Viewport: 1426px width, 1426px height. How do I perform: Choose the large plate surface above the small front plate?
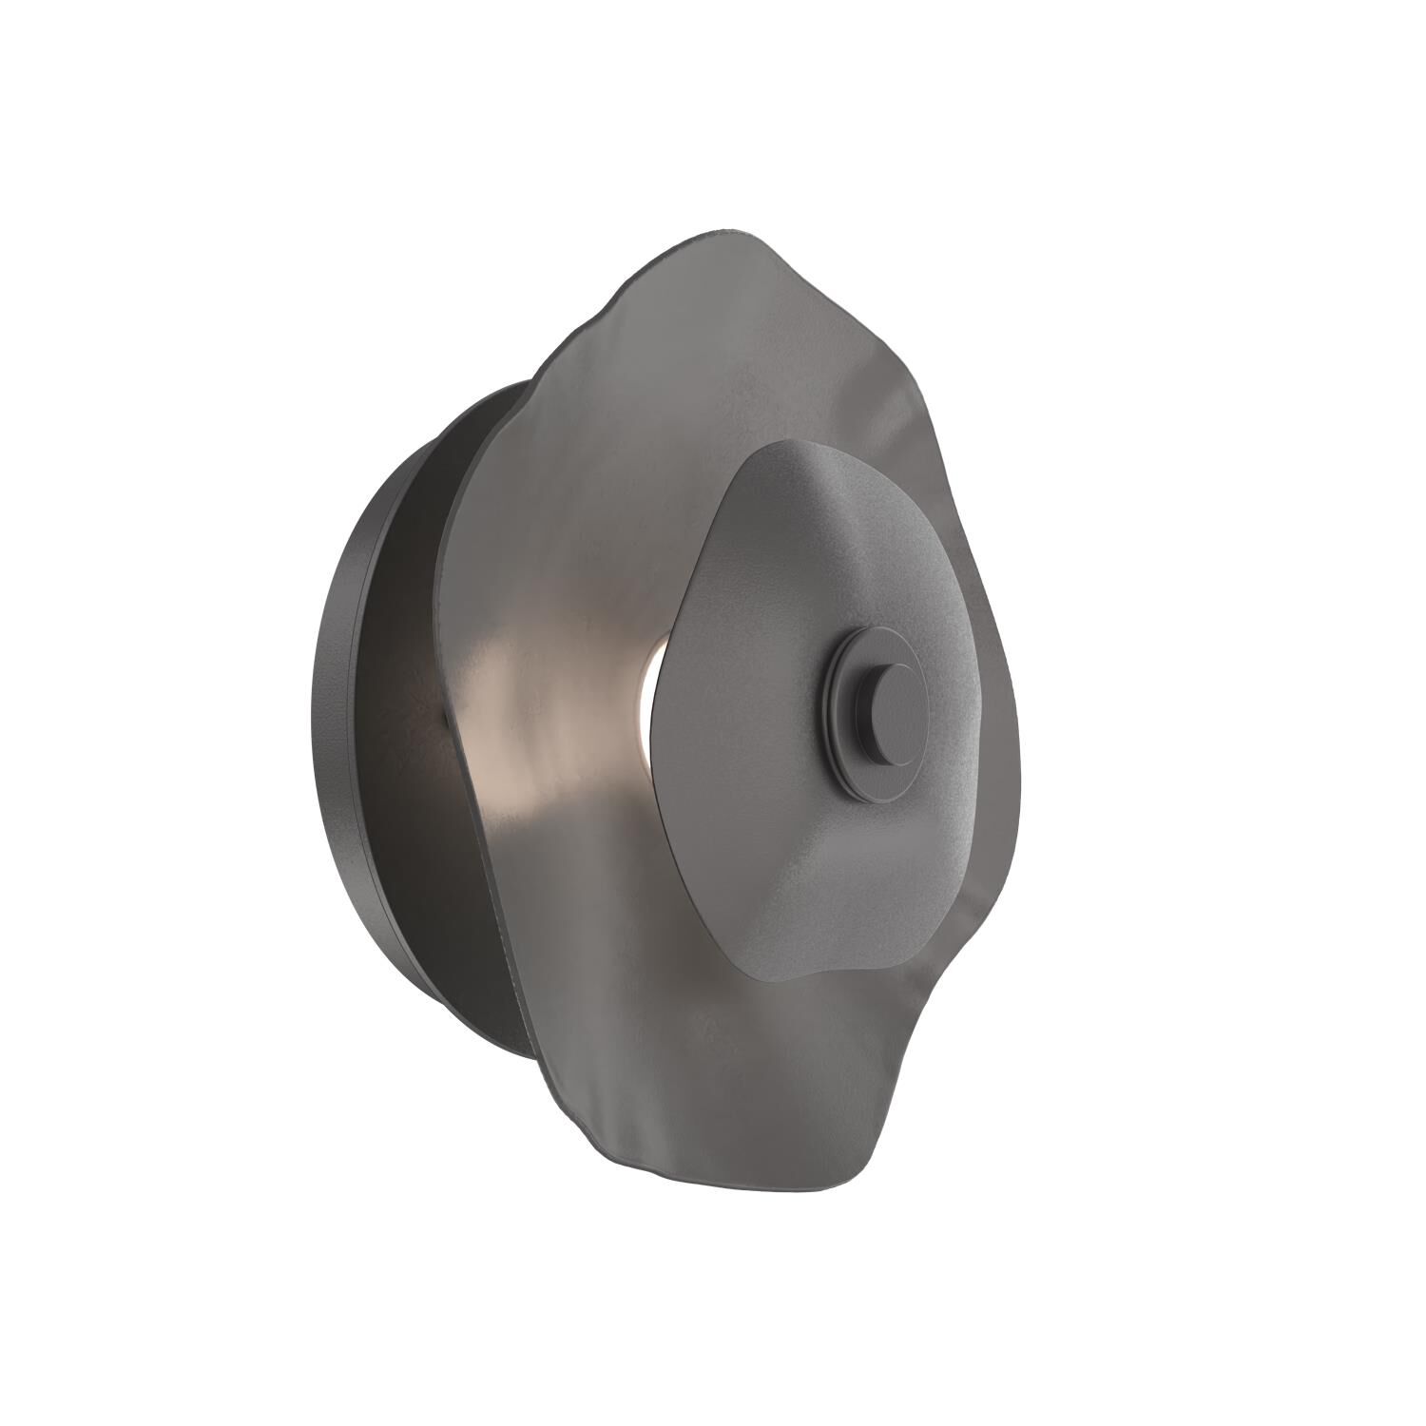click(723, 361)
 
